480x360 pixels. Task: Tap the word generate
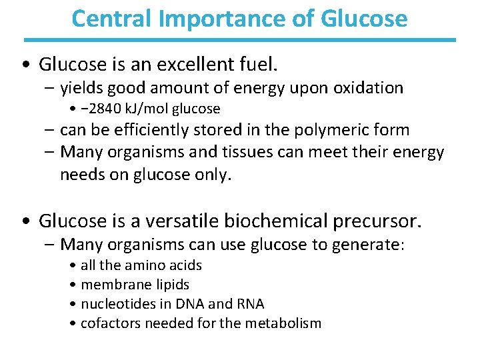(369, 245)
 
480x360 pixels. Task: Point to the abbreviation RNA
(250, 304)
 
